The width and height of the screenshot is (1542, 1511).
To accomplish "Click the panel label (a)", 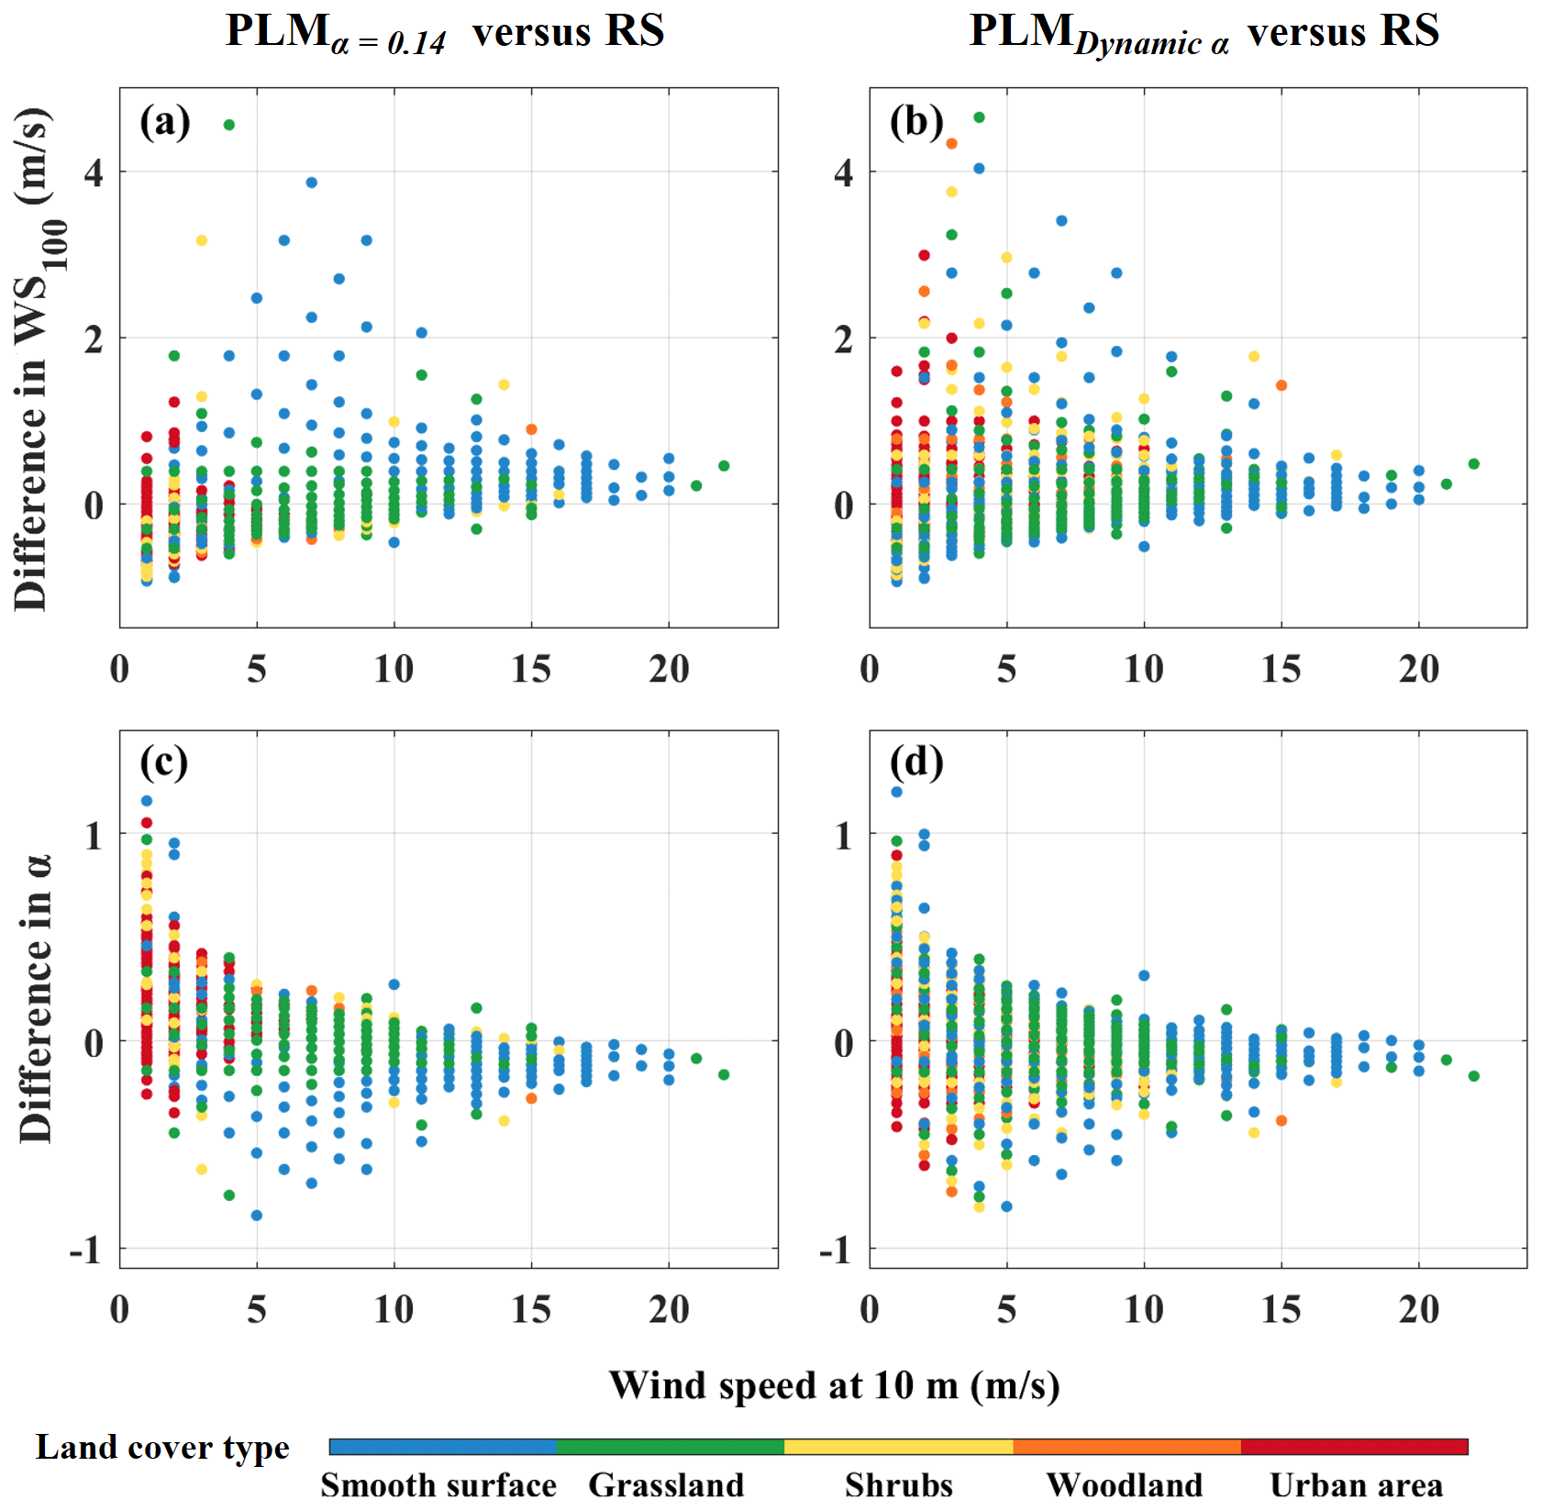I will point(165,122).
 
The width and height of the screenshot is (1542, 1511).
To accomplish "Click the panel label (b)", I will point(915,122).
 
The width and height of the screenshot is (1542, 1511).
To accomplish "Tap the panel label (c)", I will point(164,761).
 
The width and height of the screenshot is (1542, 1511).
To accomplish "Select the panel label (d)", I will point(915,761).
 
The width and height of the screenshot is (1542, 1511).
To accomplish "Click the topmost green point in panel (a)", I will point(229,125).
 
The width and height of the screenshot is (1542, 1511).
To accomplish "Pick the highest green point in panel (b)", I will point(979,117).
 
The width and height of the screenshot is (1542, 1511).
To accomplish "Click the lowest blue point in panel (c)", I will point(257,1216).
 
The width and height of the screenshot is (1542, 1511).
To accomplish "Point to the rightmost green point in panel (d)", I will point(1474,1076).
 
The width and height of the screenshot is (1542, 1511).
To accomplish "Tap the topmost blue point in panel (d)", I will point(896,792).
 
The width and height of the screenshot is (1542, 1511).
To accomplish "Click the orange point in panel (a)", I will point(531,429).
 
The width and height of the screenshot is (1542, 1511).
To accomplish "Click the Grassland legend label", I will point(666,1485).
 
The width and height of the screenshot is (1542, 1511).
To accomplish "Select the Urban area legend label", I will point(1356,1485).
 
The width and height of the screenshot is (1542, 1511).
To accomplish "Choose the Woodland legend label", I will point(1125,1485).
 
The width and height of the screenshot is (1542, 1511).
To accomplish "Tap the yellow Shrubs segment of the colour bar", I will point(899,1447).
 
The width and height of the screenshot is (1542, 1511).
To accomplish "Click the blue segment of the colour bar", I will point(443,1447).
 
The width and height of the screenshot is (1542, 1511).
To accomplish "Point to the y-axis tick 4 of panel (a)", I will point(94,172).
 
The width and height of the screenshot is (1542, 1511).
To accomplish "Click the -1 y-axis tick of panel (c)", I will point(85,1250).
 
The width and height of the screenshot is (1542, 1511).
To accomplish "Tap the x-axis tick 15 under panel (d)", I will point(1281,1310).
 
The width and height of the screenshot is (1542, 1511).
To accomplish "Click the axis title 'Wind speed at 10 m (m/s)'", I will point(834,1385).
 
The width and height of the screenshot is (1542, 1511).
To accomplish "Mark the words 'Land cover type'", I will point(162,1448).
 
